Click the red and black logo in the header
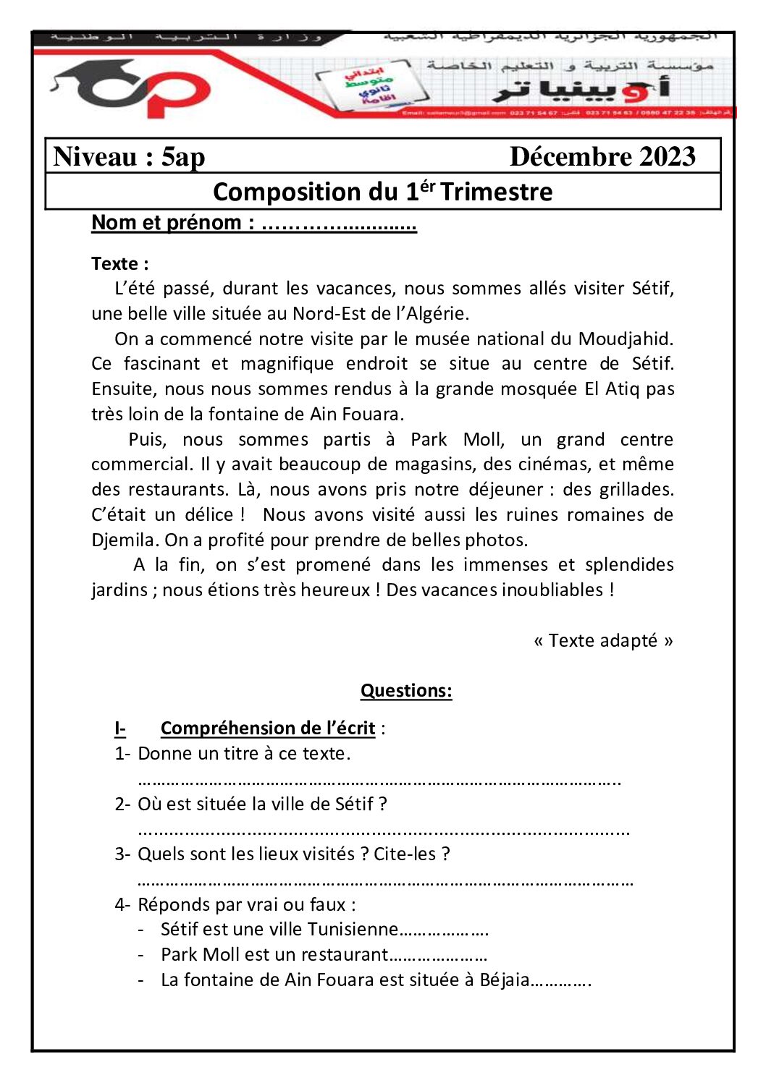click(x=130, y=88)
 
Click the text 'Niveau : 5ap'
click(x=129, y=156)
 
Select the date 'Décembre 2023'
click(x=602, y=156)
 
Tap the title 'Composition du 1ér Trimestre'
click(x=382, y=192)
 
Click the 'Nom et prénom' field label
click(x=172, y=223)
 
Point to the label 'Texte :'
click(x=119, y=263)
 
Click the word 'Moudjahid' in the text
click(x=625, y=339)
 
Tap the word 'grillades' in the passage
click(x=636, y=489)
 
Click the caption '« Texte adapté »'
click(x=603, y=640)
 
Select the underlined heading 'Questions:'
click(x=406, y=691)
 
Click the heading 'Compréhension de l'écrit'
click(x=268, y=728)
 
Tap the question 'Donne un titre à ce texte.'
click(x=244, y=753)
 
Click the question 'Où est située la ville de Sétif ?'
click(x=262, y=804)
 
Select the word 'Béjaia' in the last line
click(x=505, y=980)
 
